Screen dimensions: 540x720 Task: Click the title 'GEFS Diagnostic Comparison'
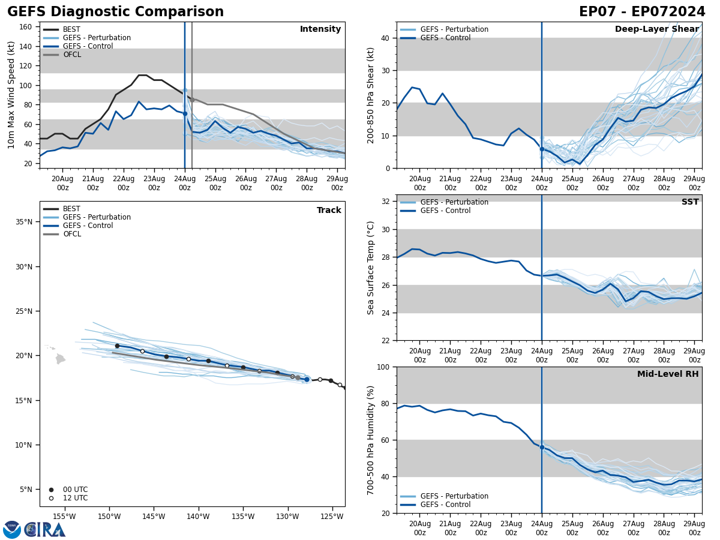click(x=115, y=12)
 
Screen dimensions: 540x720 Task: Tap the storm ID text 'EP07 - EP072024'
click(x=642, y=12)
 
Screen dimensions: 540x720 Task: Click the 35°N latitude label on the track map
click(x=24, y=222)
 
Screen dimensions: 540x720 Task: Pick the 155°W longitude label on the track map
click(x=64, y=517)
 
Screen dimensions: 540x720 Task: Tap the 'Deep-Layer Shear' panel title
click(x=656, y=29)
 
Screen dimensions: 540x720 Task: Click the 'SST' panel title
click(x=690, y=202)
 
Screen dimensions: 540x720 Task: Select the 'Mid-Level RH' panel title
click(x=668, y=374)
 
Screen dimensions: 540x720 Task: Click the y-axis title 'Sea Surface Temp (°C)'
click(x=371, y=268)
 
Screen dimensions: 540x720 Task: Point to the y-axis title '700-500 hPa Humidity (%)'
click(x=371, y=440)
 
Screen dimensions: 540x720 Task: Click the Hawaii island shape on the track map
click(x=60, y=359)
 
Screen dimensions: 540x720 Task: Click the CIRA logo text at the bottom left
click(x=45, y=530)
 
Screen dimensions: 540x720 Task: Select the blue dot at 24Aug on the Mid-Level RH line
click(x=542, y=447)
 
